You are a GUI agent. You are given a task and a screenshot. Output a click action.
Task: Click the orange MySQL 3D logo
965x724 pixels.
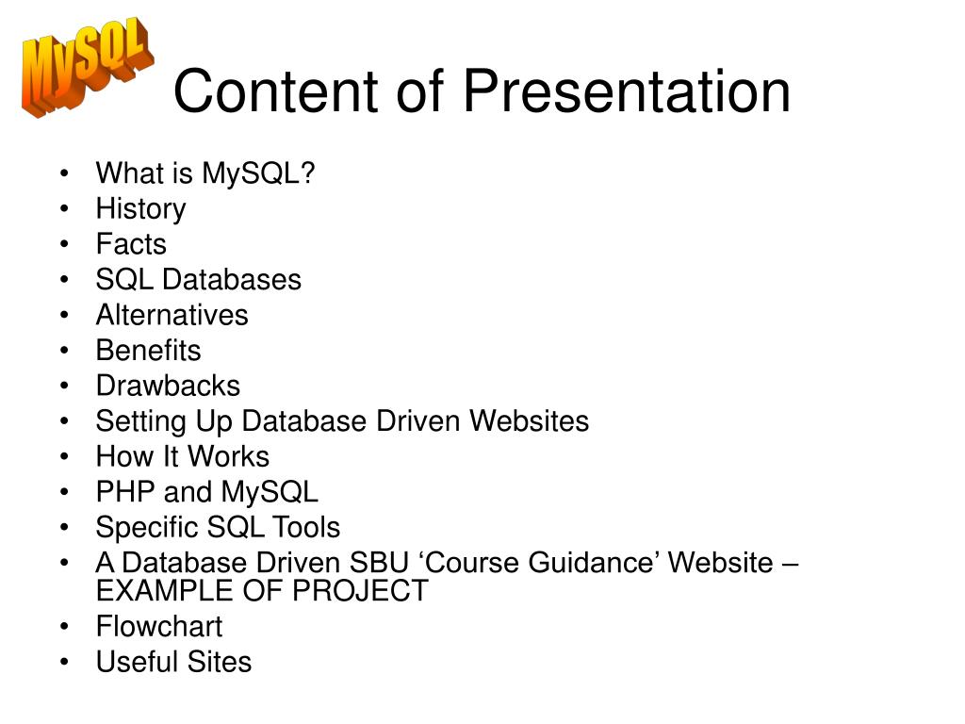[x=88, y=67]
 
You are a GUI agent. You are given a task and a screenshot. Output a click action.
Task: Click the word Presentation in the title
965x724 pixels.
[x=627, y=91]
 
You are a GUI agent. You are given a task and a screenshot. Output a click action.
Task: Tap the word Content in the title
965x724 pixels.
[x=275, y=91]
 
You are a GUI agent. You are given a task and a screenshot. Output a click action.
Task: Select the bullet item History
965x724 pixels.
[x=141, y=209]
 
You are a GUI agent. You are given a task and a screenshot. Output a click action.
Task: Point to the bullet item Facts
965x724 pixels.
[x=131, y=244]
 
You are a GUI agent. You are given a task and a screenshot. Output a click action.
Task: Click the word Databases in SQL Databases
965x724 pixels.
[x=232, y=279]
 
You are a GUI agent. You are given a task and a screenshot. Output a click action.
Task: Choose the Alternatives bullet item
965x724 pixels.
[x=172, y=315]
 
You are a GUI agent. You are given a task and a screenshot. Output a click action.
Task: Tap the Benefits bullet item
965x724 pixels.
[x=148, y=351]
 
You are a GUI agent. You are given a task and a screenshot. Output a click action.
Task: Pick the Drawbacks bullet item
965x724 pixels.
[x=168, y=386]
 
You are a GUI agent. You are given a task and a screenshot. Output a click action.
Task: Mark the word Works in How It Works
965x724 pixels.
[x=228, y=456]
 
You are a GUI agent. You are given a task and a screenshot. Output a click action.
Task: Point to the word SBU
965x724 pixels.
[x=379, y=563]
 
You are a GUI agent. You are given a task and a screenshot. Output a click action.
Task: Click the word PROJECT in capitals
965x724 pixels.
[x=360, y=591]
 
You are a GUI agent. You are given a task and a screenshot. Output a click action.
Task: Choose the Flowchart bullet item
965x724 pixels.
[x=158, y=627]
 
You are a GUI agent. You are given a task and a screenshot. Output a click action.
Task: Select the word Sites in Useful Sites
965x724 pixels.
[x=219, y=662]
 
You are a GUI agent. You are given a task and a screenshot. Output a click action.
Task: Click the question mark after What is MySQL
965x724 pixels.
[x=308, y=173]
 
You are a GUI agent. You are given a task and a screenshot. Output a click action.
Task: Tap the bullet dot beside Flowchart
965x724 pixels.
[x=65, y=627]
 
